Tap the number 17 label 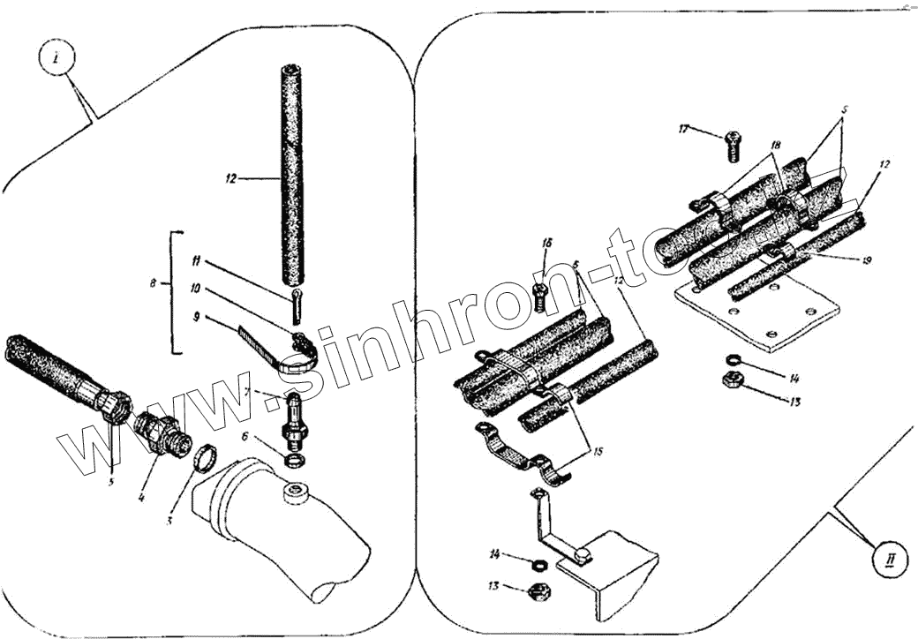(x=683, y=129)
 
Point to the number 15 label (x=597, y=452)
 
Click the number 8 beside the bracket (x=154, y=284)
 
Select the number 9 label (x=199, y=315)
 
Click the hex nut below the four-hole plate (x=731, y=380)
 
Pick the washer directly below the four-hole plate (x=733, y=358)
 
